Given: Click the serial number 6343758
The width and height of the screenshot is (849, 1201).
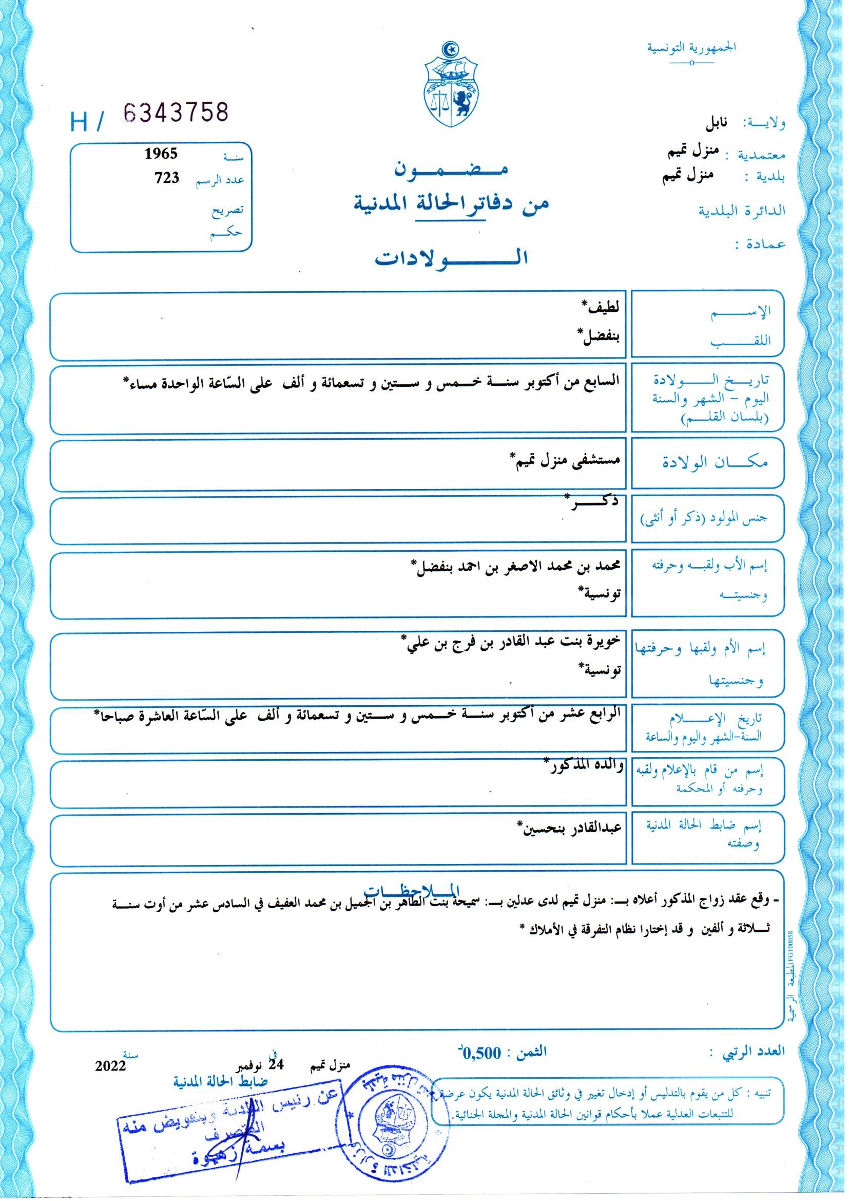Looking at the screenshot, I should point(177,113).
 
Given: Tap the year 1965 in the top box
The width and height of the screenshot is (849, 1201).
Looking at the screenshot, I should point(161,154).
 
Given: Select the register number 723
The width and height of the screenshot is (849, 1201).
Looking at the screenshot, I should point(167,178).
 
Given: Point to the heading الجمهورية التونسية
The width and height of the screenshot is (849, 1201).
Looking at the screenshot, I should point(691,48).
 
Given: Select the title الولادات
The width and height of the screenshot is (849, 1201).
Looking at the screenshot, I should point(450,258).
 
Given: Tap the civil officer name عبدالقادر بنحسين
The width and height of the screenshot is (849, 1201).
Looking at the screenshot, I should point(570,828).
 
